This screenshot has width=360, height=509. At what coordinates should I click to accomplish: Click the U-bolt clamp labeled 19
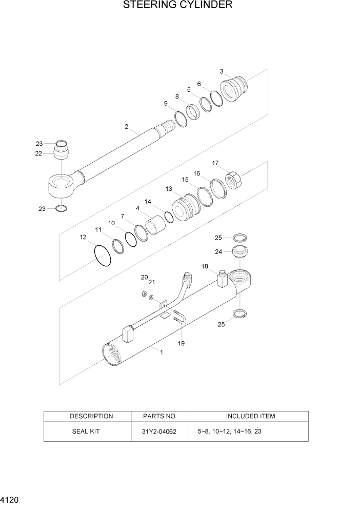point(179,319)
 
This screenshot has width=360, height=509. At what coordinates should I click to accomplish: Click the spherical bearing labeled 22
point(61,153)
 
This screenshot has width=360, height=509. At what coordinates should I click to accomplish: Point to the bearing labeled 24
point(239,252)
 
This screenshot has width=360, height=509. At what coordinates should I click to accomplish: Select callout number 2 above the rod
point(126,127)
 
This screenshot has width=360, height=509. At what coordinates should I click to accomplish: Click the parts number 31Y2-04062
point(159,432)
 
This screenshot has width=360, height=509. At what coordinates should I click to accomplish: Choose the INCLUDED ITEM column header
point(250,416)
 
